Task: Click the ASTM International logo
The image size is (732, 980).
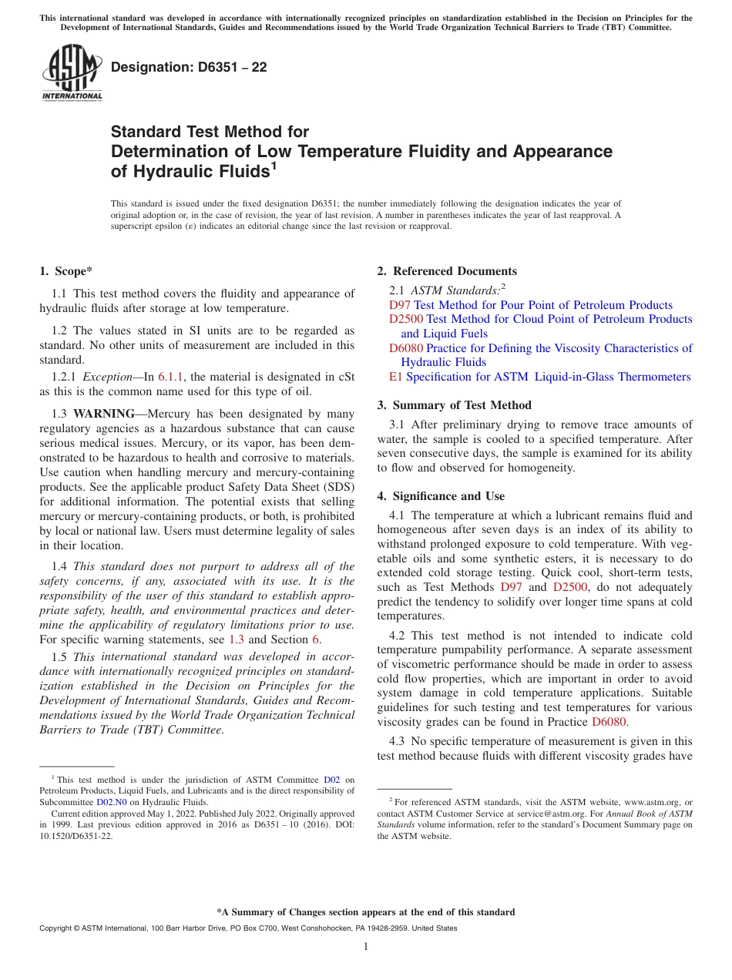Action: click(71, 72)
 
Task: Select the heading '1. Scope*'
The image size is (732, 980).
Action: click(65, 271)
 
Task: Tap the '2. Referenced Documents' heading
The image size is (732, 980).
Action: click(447, 271)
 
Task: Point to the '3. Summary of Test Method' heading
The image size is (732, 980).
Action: click(454, 405)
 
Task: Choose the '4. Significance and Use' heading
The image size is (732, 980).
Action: click(441, 496)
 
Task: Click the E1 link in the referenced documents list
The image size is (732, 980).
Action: click(396, 377)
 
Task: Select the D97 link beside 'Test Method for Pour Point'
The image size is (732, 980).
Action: click(400, 305)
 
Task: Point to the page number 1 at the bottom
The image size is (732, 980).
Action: click(366, 947)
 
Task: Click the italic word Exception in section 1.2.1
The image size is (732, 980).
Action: click(108, 377)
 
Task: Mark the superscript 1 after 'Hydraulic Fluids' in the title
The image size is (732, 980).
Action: click(274, 166)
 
